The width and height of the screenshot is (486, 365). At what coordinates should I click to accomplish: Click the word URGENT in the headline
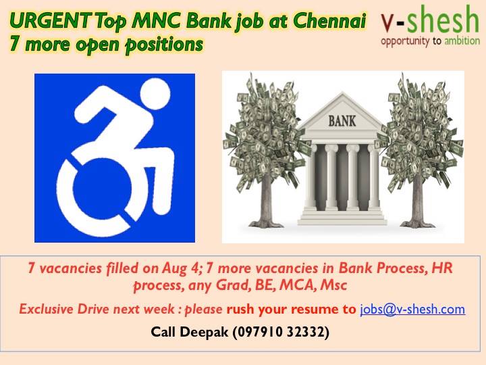[50, 21]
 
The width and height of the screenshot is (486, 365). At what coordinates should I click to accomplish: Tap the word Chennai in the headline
[329, 21]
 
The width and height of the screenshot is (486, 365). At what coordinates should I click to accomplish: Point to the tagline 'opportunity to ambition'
[430, 41]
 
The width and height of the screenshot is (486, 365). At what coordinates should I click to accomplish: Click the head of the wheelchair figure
[155, 94]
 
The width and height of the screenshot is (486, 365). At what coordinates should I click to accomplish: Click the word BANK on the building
[342, 121]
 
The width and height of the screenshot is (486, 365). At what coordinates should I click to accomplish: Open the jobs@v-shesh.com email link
[412, 309]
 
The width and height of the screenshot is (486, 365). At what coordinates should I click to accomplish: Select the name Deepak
[204, 332]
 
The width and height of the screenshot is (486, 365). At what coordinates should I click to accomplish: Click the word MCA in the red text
[298, 285]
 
